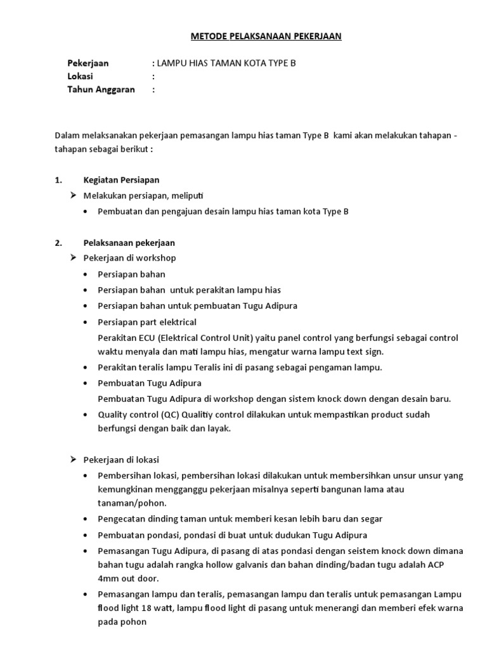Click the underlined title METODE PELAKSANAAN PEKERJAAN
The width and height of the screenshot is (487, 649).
(266, 37)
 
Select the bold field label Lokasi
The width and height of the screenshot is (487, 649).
(81, 77)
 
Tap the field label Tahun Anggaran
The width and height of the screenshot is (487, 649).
(101, 90)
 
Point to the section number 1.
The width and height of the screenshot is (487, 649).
(58, 180)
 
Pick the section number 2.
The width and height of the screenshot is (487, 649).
(58, 243)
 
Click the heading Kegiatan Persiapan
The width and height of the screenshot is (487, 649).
(122, 180)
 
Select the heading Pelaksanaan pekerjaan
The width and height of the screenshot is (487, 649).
(129, 243)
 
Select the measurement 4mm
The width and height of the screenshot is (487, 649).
(108, 579)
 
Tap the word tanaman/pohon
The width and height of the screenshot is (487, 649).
(132, 503)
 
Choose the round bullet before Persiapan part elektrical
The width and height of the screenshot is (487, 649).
(86, 323)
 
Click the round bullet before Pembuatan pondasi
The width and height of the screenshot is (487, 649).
(86, 534)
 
